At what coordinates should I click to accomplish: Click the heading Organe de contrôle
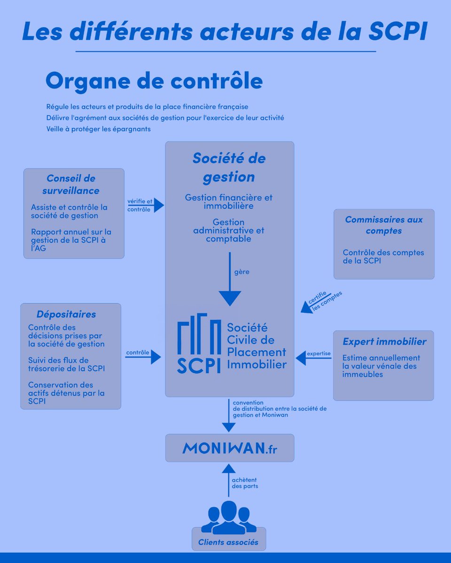[154, 81]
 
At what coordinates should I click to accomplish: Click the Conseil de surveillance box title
[71, 184]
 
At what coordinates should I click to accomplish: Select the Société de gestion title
[229, 167]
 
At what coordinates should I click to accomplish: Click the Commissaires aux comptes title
[384, 225]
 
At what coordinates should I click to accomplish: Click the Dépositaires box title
[66, 314]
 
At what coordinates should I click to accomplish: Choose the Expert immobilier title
[384, 342]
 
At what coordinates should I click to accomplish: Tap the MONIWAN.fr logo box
[230, 448]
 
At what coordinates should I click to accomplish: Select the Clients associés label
[228, 542]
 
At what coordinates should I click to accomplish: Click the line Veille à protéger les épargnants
[99, 129]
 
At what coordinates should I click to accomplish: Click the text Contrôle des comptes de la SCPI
[383, 256]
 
